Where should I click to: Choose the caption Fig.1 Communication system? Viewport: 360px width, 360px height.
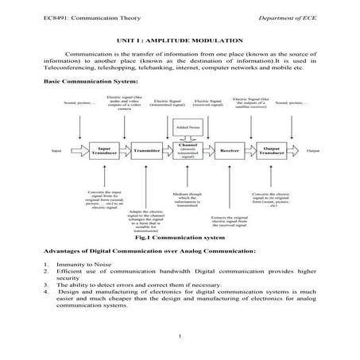click(x=179, y=237)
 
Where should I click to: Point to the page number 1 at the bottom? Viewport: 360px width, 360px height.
click(x=181, y=343)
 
